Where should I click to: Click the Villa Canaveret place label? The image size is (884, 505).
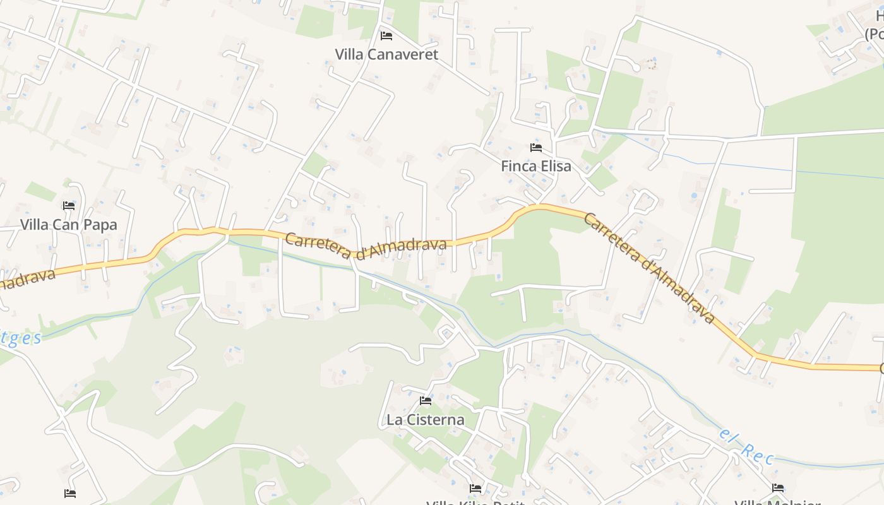tap(386, 54)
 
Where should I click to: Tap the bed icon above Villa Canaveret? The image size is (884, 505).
tap(386, 36)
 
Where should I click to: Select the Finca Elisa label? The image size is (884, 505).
tap(536, 166)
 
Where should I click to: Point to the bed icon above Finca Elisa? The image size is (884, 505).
tap(536, 148)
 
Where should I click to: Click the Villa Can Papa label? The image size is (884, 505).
tap(69, 225)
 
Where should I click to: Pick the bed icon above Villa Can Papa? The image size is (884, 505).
tap(69, 206)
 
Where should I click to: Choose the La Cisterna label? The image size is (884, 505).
tap(425, 420)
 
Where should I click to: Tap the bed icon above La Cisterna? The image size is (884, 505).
tap(426, 401)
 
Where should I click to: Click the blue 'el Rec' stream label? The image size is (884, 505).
tap(747, 446)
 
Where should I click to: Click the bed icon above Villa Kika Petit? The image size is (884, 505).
tap(475, 489)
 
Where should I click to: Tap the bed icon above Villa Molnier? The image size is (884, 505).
tap(778, 488)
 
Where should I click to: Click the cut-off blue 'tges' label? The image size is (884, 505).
tap(20, 338)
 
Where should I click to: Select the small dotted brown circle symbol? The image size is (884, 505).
tap(651, 64)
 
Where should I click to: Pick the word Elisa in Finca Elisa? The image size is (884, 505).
tap(554, 166)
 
